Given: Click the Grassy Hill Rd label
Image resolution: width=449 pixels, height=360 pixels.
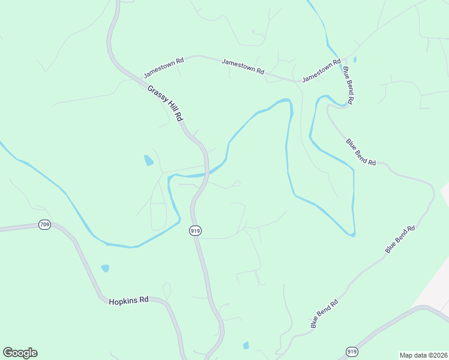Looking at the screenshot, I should point(164,104).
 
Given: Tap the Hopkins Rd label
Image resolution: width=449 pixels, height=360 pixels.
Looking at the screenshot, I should point(128,301).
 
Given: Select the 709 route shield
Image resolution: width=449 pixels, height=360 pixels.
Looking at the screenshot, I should point(44,225).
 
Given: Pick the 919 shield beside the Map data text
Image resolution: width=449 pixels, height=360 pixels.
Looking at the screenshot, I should point(352,351).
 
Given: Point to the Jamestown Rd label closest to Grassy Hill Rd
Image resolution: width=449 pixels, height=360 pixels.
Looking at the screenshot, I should point(163,67).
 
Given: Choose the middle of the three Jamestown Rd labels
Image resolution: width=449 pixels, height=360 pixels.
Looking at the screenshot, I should point(243,66).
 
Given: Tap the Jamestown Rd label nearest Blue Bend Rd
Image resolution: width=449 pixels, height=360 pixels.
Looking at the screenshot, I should point(321,70).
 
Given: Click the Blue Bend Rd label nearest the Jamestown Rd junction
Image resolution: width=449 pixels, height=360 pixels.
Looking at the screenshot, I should point(348,85).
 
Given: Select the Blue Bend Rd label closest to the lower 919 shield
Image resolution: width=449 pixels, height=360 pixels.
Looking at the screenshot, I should point(325,313).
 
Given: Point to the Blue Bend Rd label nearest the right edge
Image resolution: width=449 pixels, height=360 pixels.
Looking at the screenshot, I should point(400,239).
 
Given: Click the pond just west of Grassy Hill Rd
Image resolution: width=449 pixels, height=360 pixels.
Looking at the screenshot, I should point(148,161).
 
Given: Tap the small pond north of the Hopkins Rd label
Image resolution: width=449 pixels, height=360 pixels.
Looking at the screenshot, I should point(106,268).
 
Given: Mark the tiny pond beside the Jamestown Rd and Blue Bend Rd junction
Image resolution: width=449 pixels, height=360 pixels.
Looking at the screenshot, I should point(355,59).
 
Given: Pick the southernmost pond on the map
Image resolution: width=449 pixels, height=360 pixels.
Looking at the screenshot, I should point(246,346).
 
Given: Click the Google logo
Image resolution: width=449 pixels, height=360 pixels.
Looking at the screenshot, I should point(20,353).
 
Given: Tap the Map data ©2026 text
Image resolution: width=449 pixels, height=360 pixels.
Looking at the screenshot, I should point(423,355).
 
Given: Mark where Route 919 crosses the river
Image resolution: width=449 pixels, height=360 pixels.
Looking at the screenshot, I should point(205,175).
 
